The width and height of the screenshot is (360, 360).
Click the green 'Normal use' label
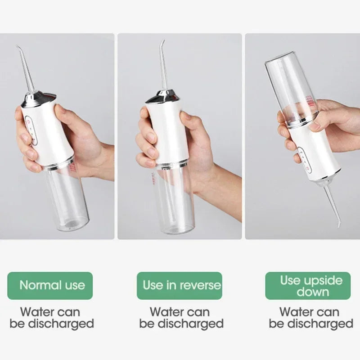(52, 285)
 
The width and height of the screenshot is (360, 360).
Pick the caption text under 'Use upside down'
(311, 318)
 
